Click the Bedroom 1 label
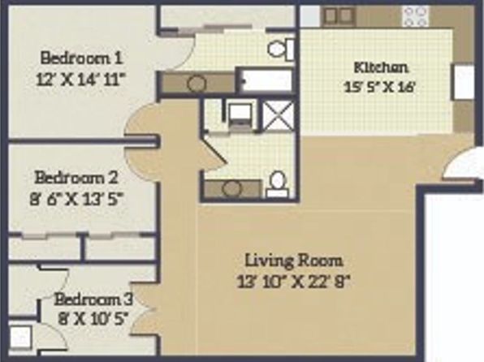click(81, 58)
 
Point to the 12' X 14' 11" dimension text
click(82, 80)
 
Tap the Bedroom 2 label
click(76, 178)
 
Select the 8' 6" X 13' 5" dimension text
click(77, 199)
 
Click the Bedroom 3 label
click(93, 300)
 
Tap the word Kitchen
click(381, 67)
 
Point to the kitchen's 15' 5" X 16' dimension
click(378, 87)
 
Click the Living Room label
click(293, 261)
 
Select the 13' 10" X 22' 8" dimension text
click(293, 282)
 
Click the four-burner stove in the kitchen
click(416, 16)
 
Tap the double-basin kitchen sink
click(339, 15)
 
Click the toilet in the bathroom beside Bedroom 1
click(281, 49)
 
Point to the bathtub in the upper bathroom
click(266, 80)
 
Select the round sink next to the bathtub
click(197, 84)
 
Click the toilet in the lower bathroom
click(277, 184)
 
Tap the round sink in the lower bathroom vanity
click(231, 188)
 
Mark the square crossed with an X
click(278, 117)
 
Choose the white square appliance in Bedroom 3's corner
click(20, 336)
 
